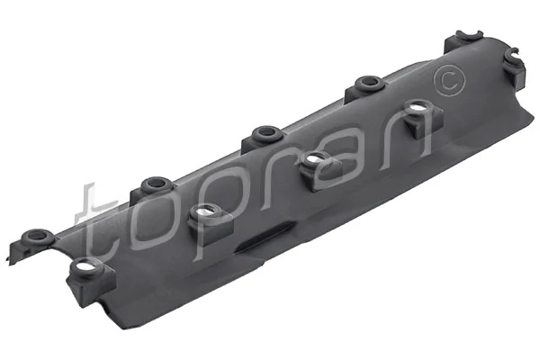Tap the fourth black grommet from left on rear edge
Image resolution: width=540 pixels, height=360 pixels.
366,84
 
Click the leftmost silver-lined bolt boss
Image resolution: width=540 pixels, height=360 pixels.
85,267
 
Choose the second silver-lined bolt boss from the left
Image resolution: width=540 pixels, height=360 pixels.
205,213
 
